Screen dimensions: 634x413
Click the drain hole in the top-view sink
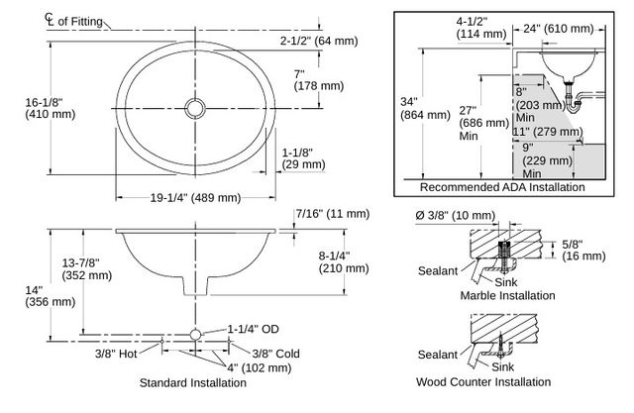[x=195, y=109]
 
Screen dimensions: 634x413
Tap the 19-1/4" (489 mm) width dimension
[x=196, y=198]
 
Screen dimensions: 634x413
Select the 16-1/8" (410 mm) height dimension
[x=51, y=108]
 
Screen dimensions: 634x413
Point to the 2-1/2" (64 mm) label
[x=319, y=41]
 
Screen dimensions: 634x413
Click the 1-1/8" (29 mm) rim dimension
[x=304, y=158]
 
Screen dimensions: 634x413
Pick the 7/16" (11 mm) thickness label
[x=333, y=213]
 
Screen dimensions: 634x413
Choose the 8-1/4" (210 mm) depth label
[x=344, y=261]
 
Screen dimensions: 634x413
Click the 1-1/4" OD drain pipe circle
[x=196, y=335]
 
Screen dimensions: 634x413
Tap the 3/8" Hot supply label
[x=116, y=354]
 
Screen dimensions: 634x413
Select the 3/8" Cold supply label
[x=275, y=354]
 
